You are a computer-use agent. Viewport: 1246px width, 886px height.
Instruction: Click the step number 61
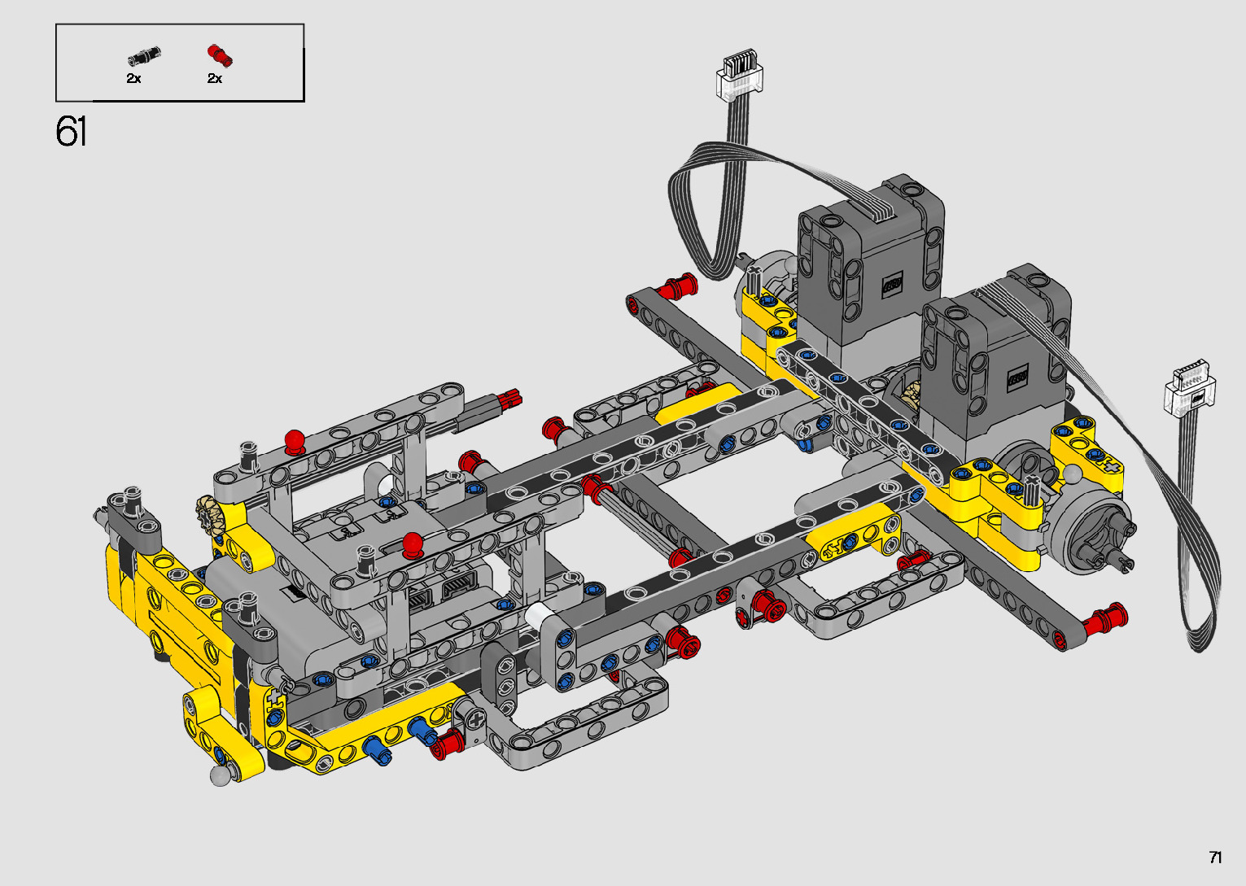(71, 132)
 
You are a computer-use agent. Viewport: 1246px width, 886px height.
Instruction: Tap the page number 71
(1215, 857)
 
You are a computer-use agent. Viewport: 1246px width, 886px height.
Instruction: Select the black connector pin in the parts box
(144, 55)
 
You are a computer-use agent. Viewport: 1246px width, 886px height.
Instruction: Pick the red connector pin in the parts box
(220, 55)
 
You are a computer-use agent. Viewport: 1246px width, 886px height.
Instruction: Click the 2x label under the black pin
(133, 78)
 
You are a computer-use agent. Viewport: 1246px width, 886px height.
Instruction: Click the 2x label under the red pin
(215, 78)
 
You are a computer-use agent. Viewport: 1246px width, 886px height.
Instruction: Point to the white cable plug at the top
(739, 73)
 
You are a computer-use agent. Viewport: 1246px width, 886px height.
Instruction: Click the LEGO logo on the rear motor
(892, 285)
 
